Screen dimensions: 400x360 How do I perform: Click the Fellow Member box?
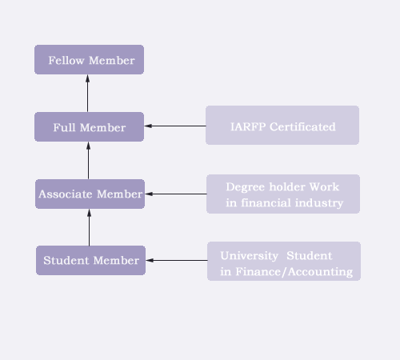pyautogui.click(x=89, y=60)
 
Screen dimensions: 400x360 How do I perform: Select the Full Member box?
pyautogui.click(x=89, y=127)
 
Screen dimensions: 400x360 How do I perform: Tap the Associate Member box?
pyautogui.click(x=90, y=194)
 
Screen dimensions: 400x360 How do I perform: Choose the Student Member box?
pyautogui.click(x=90, y=260)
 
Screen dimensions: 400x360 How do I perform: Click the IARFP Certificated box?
pyautogui.click(x=282, y=125)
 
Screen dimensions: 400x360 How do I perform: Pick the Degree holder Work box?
pyautogui.click(x=283, y=194)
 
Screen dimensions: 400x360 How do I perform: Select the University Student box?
pyautogui.click(x=284, y=261)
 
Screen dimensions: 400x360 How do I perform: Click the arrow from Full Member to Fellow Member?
pyautogui.click(x=87, y=94)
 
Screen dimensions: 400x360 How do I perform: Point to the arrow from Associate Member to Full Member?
pyautogui.click(x=88, y=161)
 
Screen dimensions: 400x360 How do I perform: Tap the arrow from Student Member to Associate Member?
pyautogui.click(x=89, y=227)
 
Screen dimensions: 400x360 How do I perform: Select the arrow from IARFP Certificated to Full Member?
pyautogui.click(x=175, y=126)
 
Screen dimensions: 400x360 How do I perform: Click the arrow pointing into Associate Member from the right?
pyautogui.click(x=176, y=194)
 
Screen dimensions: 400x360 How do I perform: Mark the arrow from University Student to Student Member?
pyautogui.click(x=177, y=260)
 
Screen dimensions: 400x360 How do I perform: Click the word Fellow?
pyautogui.click(x=66, y=61)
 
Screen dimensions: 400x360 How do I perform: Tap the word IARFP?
pyautogui.click(x=248, y=127)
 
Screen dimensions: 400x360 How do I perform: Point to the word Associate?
pyautogui.click(x=66, y=194)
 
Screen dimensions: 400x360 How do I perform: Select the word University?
pyautogui.click(x=250, y=256)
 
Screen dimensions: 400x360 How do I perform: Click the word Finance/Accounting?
pyautogui.click(x=294, y=272)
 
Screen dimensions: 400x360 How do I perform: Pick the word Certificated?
pyautogui.click(x=302, y=127)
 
